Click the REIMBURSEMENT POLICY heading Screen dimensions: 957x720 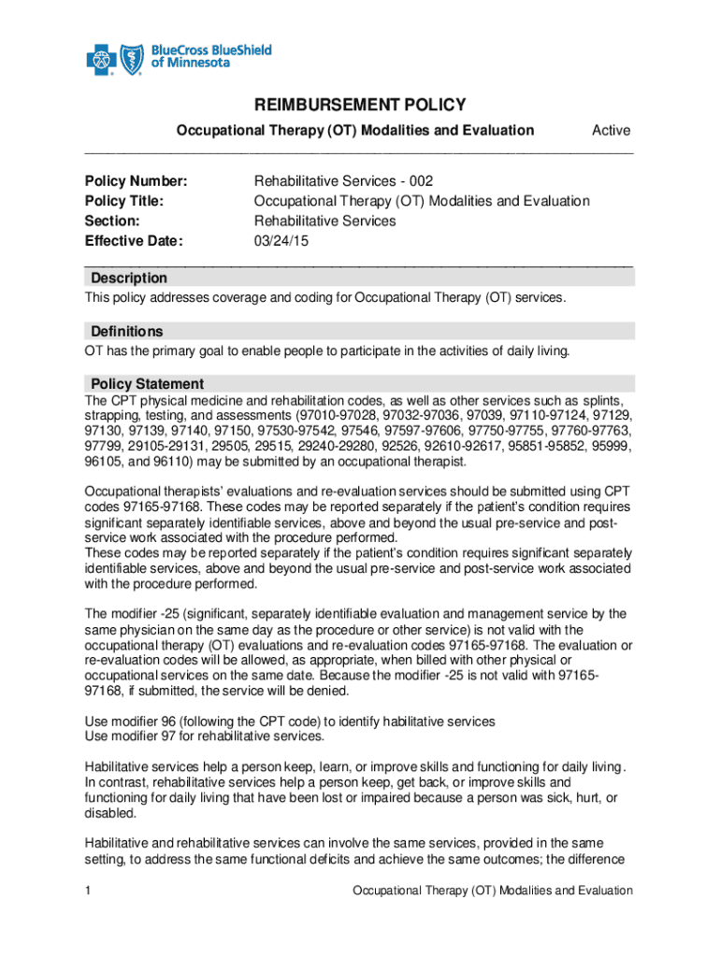point(360,105)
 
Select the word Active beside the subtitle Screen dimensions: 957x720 point(611,131)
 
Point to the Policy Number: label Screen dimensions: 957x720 point(137,180)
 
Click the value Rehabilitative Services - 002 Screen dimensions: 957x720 point(343,180)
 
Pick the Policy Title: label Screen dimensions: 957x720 point(124,201)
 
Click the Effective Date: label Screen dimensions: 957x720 point(134,241)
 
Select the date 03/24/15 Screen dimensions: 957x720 point(281,241)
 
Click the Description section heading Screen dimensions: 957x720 point(129,279)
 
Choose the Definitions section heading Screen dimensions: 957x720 point(126,332)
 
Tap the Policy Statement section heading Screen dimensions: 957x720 point(147,384)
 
